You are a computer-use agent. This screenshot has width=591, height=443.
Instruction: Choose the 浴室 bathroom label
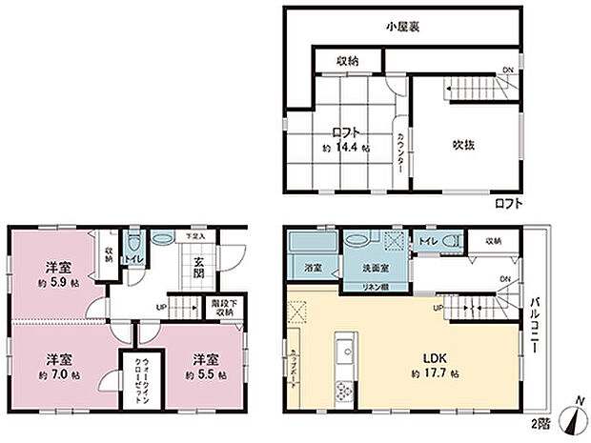[312, 269]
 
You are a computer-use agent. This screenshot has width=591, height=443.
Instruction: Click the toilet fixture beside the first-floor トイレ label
[132, 244]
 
